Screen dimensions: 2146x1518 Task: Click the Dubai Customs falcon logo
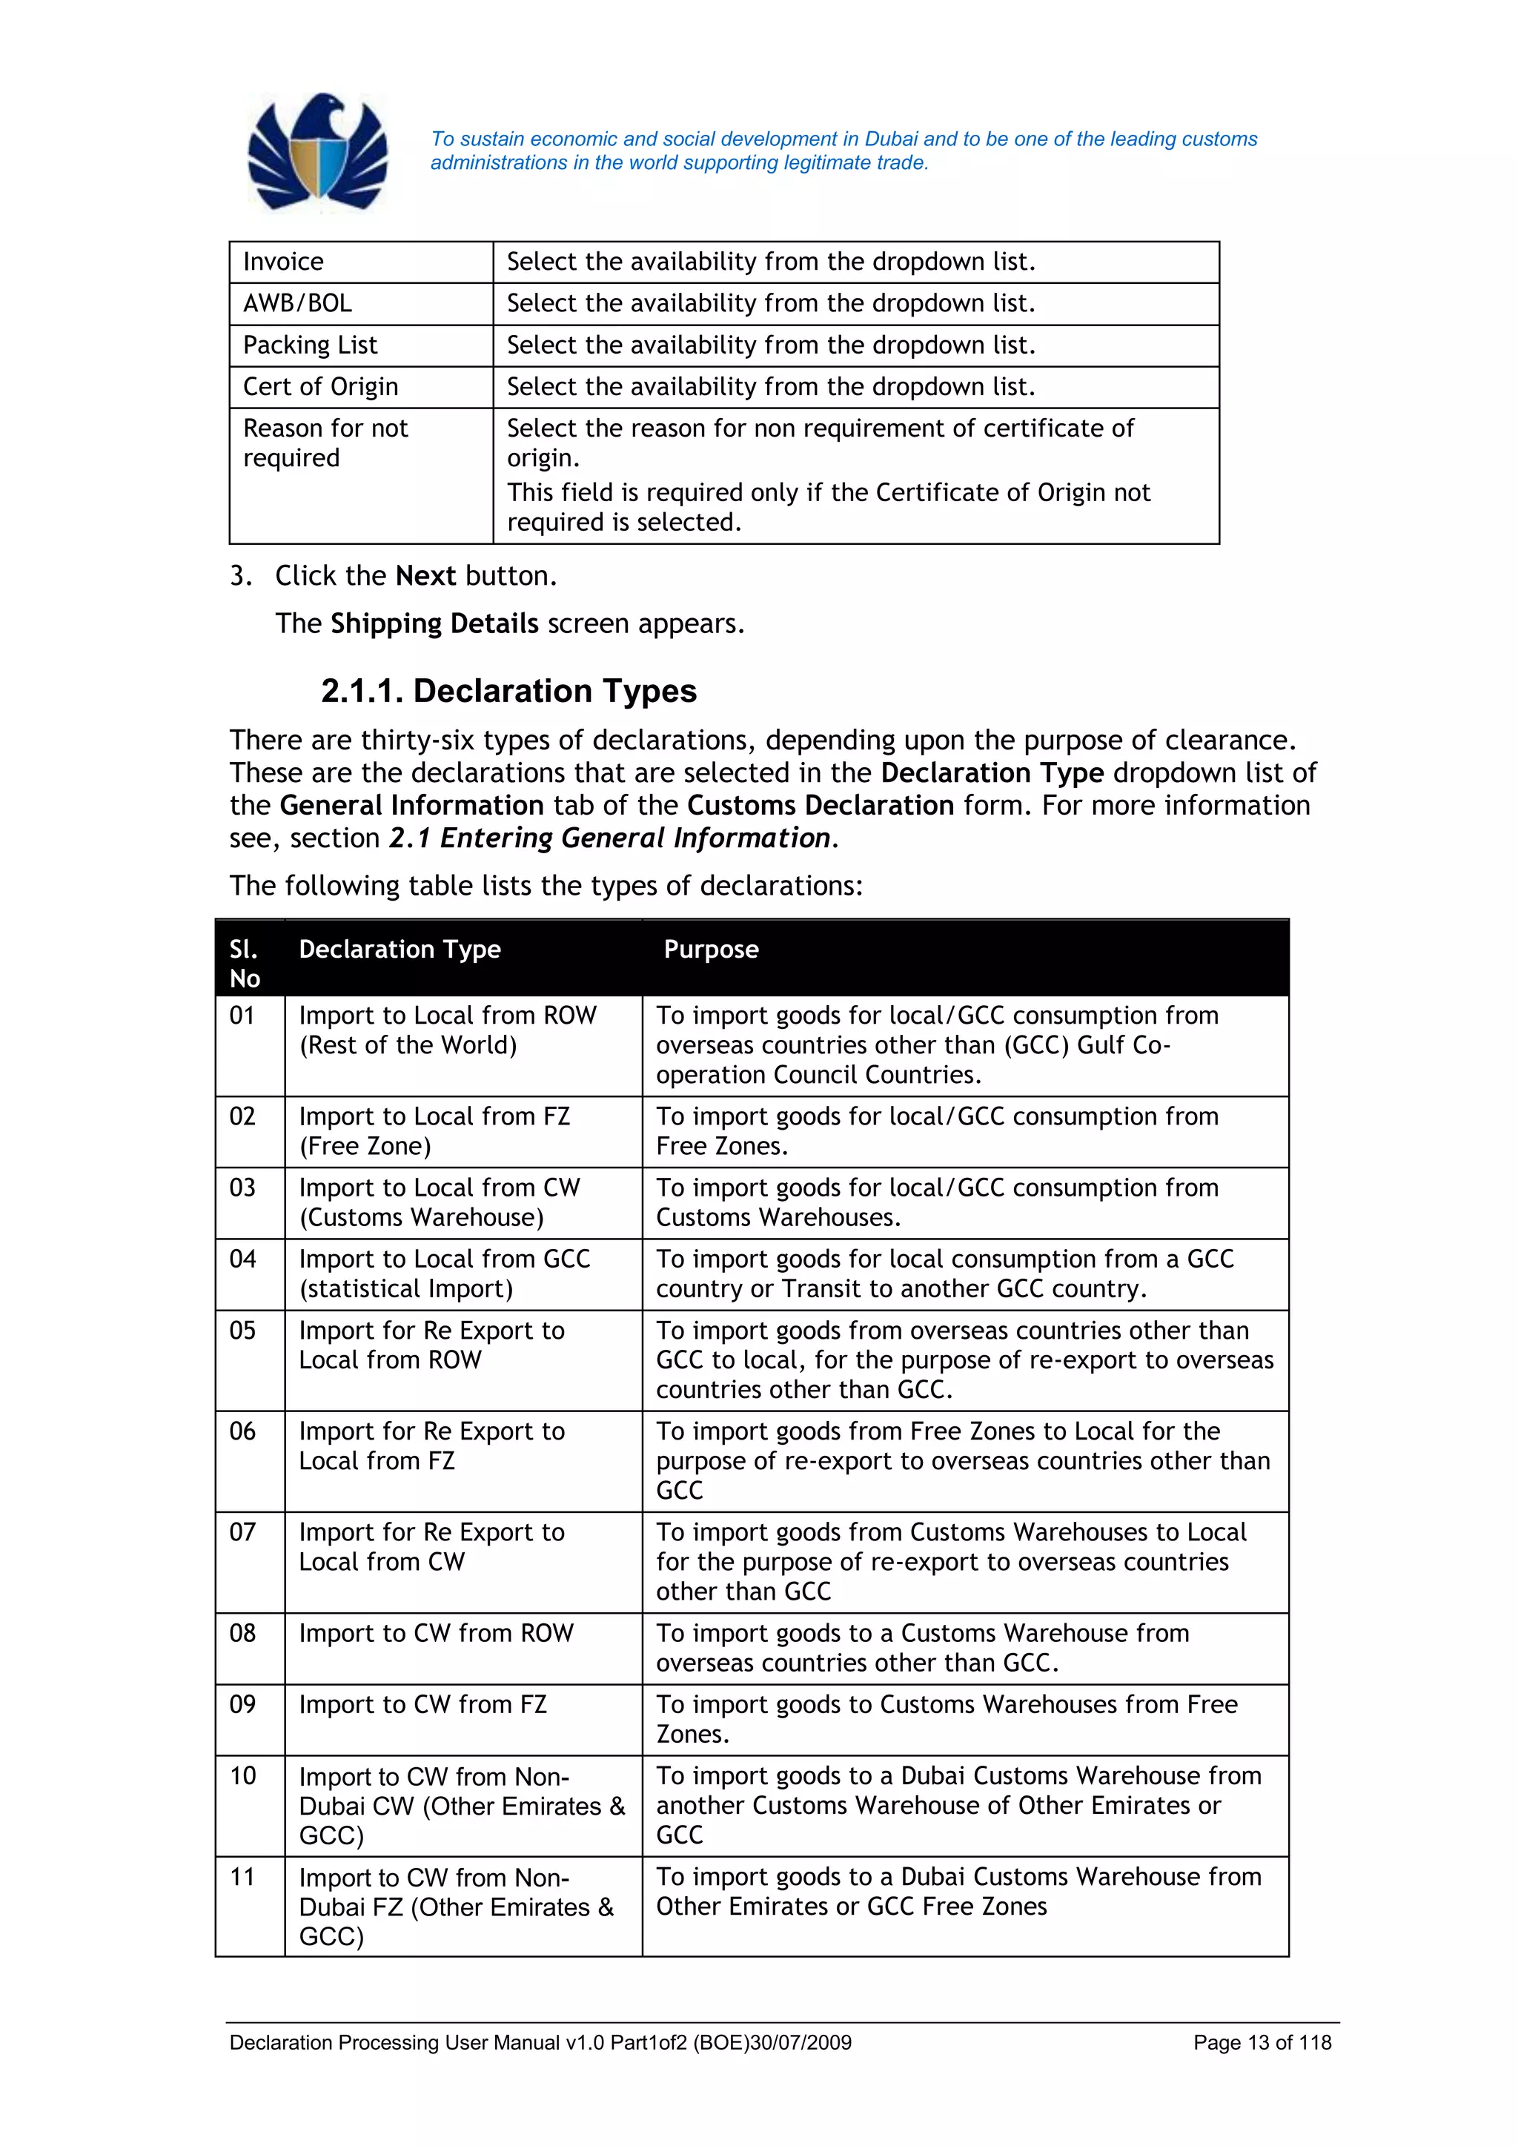(x=318, y=153)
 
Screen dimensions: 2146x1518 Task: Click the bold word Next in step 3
(x=425, y=576)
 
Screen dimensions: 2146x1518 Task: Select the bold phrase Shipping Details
(x=434, y=623)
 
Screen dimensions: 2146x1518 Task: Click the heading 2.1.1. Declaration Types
(x=508, y=691)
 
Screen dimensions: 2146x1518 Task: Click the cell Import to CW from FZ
(x=422, y=1705)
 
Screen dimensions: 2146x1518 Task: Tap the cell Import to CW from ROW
(x=436, y=1633)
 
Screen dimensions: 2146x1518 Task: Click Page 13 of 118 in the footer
(x=1262, y=2043)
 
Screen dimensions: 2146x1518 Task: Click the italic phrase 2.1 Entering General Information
(x=609, y=838)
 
